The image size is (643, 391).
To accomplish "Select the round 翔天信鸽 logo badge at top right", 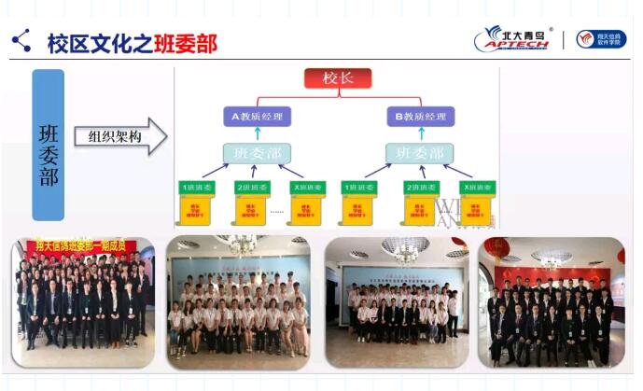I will coord(600,39).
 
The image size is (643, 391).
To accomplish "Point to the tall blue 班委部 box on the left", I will coord(49,145).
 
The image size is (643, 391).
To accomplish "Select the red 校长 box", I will coord(337,78).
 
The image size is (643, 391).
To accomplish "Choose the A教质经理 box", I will coord(258,117).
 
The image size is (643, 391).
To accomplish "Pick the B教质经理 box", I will coord(420,117).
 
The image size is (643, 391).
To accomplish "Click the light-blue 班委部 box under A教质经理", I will coord(258,153).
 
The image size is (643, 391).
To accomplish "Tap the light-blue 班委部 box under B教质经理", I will coord(420,153).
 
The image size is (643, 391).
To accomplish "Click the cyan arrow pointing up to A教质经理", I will coord(258,134).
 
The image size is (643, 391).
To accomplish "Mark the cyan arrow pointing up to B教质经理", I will coord(420,134).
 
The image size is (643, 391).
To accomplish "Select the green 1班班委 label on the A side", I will coord(198,188).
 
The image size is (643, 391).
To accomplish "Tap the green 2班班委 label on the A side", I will coord(252,188).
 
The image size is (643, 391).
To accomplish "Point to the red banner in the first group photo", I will coord(79,247).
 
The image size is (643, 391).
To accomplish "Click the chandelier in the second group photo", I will coord(242,245).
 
